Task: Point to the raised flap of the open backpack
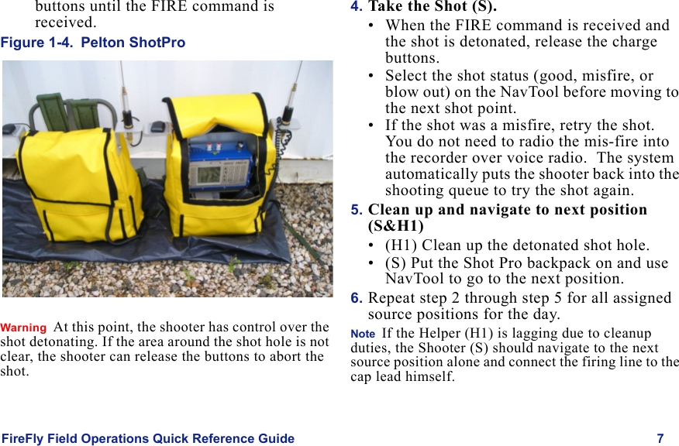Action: tap(219, 108)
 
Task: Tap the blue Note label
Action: tap(362, 333)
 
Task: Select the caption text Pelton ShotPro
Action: tap(133, 43)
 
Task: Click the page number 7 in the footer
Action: tap(660, 438)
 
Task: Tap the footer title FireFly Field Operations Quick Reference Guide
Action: tap(148, 438)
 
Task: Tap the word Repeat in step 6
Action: tap(391, 298)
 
